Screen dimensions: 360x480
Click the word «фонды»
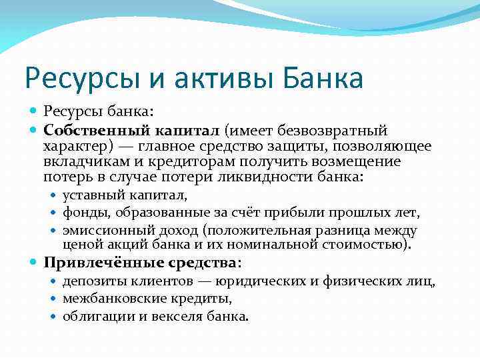click(x=85, y=213)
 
